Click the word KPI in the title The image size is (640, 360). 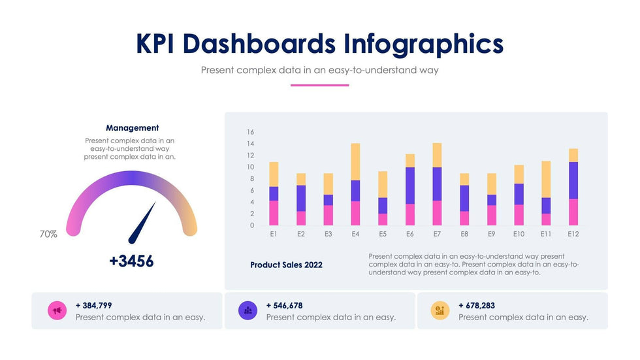point(156,44)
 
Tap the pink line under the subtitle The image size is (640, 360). point(319,85)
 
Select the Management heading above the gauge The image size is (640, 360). point(132,128)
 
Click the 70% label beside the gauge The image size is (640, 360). point(48,233)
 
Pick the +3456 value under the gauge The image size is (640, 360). point(131,261)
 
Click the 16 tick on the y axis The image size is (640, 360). point(250,132)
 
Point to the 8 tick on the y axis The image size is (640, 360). point(250,179)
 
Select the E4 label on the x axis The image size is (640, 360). point(355,233)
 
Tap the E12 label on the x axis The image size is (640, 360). point(573,233)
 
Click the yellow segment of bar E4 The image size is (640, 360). point(355,162)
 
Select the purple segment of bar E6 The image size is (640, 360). point(409,186)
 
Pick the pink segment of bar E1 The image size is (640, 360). point(274,213)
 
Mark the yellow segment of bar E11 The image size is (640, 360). point(546,180)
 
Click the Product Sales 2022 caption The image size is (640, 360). point(286,265)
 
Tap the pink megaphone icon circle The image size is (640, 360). point(57,311)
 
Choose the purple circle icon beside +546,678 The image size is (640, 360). point(248,311)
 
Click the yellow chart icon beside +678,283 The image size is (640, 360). point(440,311)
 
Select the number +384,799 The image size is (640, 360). point(94,305)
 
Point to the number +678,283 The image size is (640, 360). point(477,305)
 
